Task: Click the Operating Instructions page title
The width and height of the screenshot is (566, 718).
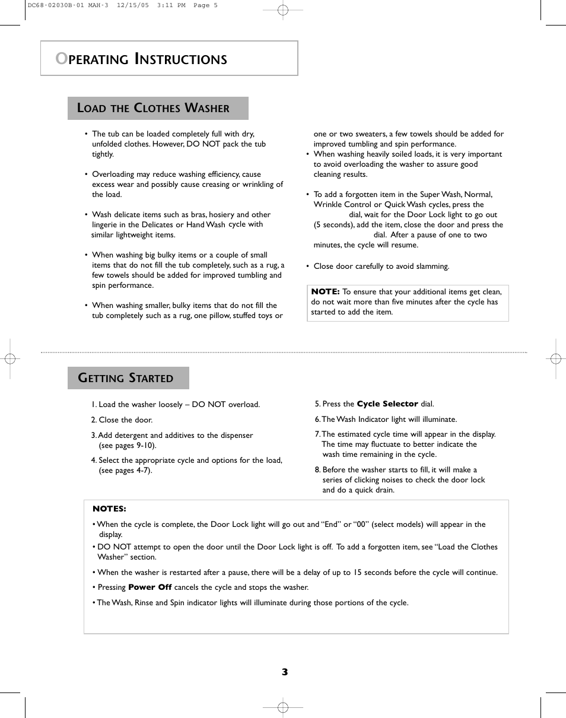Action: coord(141,59)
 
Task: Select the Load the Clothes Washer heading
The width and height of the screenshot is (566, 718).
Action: coord(153,108)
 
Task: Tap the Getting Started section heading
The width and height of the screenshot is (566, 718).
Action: coord(126,378)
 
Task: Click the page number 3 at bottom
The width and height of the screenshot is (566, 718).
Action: coord(285,672)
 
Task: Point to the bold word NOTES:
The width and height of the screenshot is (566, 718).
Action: coord(109,509)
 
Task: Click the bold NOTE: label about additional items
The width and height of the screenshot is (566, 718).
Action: coord(325,291)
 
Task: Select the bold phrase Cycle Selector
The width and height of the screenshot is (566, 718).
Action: coord(387,404)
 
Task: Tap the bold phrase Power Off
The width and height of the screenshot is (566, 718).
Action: coord(150,587)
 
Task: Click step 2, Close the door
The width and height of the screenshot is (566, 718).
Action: coord(122,420)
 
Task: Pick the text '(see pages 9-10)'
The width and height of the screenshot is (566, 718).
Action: coord(128,446)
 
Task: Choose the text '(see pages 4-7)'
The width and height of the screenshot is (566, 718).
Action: coord(125,471)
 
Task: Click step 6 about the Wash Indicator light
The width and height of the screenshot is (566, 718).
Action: coord(386,420)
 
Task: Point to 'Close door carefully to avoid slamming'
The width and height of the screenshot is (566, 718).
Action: coord(381,266)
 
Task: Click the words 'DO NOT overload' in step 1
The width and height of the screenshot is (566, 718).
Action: coord(226,405)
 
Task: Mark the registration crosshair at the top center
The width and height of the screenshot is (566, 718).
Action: coord(283,10)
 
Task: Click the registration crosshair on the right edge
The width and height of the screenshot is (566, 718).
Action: coord(555,358)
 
